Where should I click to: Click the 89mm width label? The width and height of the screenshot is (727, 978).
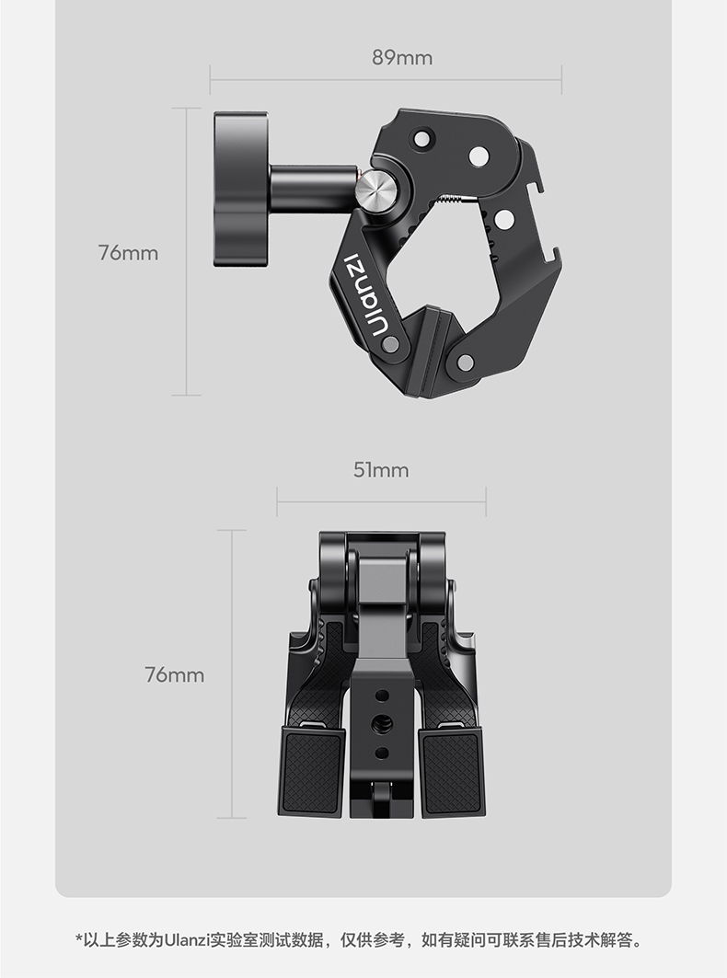(x=402, y=57)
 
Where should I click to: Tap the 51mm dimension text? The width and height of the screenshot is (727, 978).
(x=381, y=469)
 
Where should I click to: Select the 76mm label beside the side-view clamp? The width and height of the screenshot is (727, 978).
(x=128, y=253)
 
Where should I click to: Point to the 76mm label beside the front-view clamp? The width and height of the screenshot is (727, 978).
(x=175, y=674)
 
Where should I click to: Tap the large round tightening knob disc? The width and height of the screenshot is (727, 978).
(x=241, y=190)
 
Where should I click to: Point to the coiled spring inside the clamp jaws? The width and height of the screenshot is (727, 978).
(x=452, y=199)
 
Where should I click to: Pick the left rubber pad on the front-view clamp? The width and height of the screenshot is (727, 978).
(x=311, y=772)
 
